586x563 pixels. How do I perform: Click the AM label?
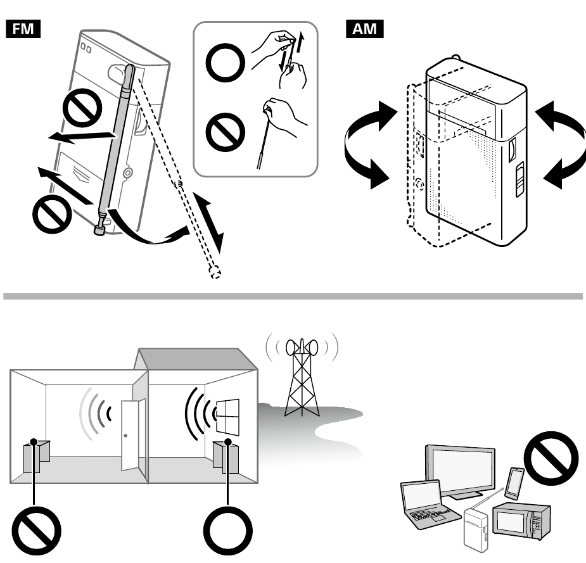pos(365,29)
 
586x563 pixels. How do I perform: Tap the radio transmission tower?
pos(302,380)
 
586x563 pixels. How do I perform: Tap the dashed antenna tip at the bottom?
pos(215,272)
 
